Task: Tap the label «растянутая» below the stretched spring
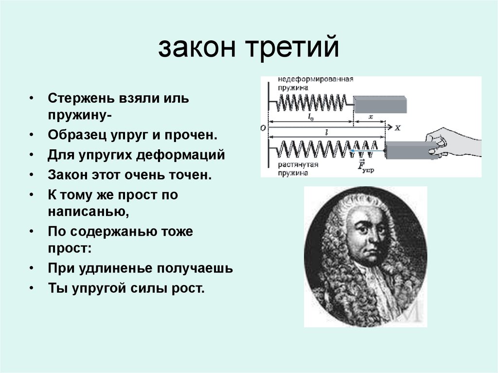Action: [x=298, y=165]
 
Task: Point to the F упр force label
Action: [x=365, y=167]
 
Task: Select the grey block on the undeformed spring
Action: [x=380, y=104]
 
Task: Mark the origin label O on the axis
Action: [x=263, y=128]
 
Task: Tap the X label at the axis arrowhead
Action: [x=397, y=128]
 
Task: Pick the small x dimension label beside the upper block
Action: [x=371, y=117]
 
